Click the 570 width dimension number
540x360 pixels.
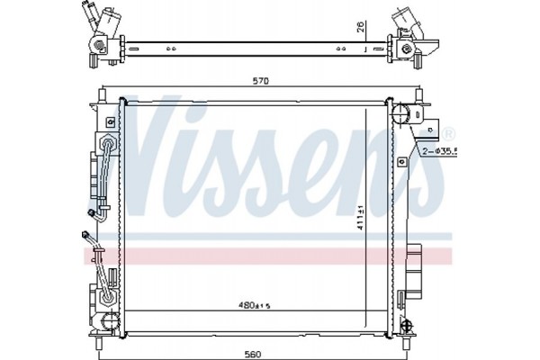pyautogui.click(x=261, y=81)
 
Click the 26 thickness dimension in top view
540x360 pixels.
pyautogui.click(x=361, y=28)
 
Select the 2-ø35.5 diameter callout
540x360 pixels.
pyautogui.click(x=436, y=151)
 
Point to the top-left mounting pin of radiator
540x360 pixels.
pyautogui.click(x=105, y=93)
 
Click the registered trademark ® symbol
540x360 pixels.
pyautogui.click(x=447, y=132)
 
